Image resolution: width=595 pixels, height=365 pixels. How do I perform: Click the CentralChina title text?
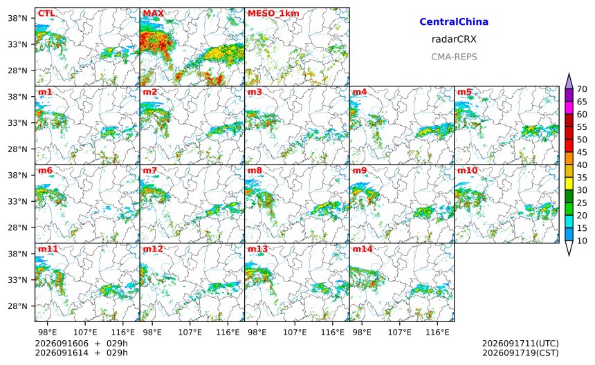tap(454, 21)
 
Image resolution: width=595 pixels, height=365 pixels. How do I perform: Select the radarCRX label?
tap(454, 39)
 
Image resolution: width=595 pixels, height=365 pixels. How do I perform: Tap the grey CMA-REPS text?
tap(454, 57)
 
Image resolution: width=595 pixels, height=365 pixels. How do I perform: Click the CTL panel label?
tap(46, 13)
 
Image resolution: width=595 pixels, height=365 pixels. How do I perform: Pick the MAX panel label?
tap(154, 13)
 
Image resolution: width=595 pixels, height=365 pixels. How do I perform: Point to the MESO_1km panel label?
tap(273, 14)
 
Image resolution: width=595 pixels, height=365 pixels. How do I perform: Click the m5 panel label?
tap(464, 92)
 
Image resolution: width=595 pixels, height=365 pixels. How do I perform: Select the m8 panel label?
tap(255, 171)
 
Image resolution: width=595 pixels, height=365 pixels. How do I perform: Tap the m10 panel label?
tap(467, 171)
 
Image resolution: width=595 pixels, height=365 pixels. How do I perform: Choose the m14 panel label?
tap(363, 249)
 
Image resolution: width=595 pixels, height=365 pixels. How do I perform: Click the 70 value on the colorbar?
tap(582, 89)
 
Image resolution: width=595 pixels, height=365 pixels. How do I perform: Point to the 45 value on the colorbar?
tap(582, 152)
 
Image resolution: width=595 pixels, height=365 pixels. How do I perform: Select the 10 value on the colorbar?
tap(582, 241)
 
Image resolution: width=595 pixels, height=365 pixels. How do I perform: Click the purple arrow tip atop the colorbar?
tap(569, 73)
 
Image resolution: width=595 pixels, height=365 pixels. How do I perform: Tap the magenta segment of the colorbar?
tap(569, 108)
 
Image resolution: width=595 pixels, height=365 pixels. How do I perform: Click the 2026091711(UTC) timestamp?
tap(520, 344)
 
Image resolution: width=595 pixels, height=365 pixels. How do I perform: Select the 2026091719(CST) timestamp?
tap(520, 353)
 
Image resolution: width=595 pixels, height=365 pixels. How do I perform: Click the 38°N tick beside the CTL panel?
tap(17, 18)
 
